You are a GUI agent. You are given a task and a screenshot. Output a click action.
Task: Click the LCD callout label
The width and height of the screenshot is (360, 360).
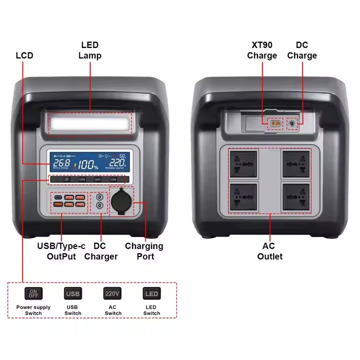click(24, 55)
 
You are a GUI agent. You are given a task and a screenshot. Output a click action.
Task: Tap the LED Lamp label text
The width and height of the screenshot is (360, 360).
click(90, 50)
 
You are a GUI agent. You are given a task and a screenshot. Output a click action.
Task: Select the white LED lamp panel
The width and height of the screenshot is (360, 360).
click(90, 122)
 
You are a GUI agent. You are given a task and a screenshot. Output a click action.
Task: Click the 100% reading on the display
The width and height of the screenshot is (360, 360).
click(87, 164)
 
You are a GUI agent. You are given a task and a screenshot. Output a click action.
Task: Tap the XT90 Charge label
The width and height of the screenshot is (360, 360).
click(261, 50)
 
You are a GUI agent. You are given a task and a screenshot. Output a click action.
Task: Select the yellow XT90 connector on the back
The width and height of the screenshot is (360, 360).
click(274, 123)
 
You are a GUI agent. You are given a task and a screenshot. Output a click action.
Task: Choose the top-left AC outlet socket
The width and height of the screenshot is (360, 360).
click(243, 164)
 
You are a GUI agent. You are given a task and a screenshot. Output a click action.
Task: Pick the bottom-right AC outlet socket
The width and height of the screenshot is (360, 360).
click(296, 196)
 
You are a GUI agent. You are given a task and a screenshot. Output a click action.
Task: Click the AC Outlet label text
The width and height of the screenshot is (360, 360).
click(270, 251)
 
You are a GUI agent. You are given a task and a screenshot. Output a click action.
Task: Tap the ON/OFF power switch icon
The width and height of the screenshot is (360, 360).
click(33, 293)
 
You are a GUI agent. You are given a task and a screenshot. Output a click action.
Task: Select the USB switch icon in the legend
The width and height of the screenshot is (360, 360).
click(73, 293)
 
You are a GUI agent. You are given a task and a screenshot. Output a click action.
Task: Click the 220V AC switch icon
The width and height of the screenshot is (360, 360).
click(112, 293)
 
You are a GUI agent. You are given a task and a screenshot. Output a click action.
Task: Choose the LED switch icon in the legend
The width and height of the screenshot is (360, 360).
click(151, 293)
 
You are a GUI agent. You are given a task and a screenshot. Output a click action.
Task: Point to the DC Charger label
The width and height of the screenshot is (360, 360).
click(100, 251)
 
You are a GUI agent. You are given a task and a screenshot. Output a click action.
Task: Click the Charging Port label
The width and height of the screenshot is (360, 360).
click(144, 251)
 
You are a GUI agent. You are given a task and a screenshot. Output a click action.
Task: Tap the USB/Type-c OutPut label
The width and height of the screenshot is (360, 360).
click(61, 251)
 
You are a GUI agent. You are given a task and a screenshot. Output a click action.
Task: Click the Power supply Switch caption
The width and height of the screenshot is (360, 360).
click(33, 310)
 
